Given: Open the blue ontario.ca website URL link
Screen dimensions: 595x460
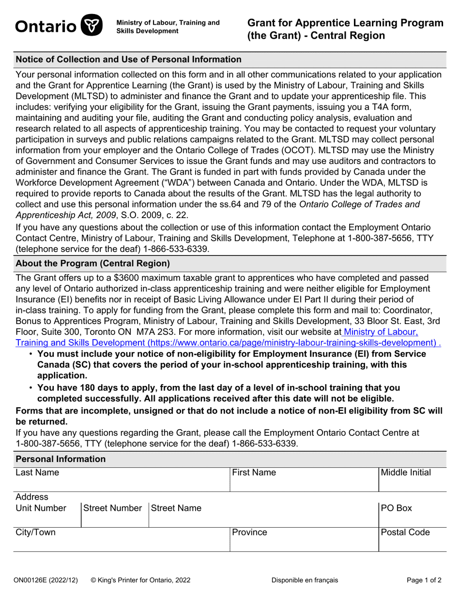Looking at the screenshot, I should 228,342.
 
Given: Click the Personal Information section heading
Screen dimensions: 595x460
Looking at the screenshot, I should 61,459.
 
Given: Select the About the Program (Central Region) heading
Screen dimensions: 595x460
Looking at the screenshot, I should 93,264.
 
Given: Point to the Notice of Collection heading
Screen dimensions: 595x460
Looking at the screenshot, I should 128,59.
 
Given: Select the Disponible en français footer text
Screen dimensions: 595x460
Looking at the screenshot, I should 305,580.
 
